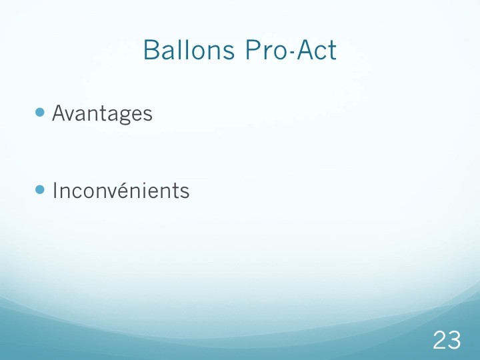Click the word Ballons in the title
pyautogui.click(x=189, y=49)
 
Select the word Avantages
pyautogui.click(x=102, y=114)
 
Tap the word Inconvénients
pyautogui.click(x=121, y=191)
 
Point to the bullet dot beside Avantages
pyautogui.click(x=40, y=113)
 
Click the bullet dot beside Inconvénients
pyautogui.click(x=40, y=189)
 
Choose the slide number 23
pyautogui.click(x=447, y=340)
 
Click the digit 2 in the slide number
pyautogui.click(x=440, y=340)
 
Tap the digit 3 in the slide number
pyautogui.click(x=454, y=340)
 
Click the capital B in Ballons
pyautogui.click(x=151, y=49)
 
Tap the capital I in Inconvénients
pyautogui.click(x=55, y=191)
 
